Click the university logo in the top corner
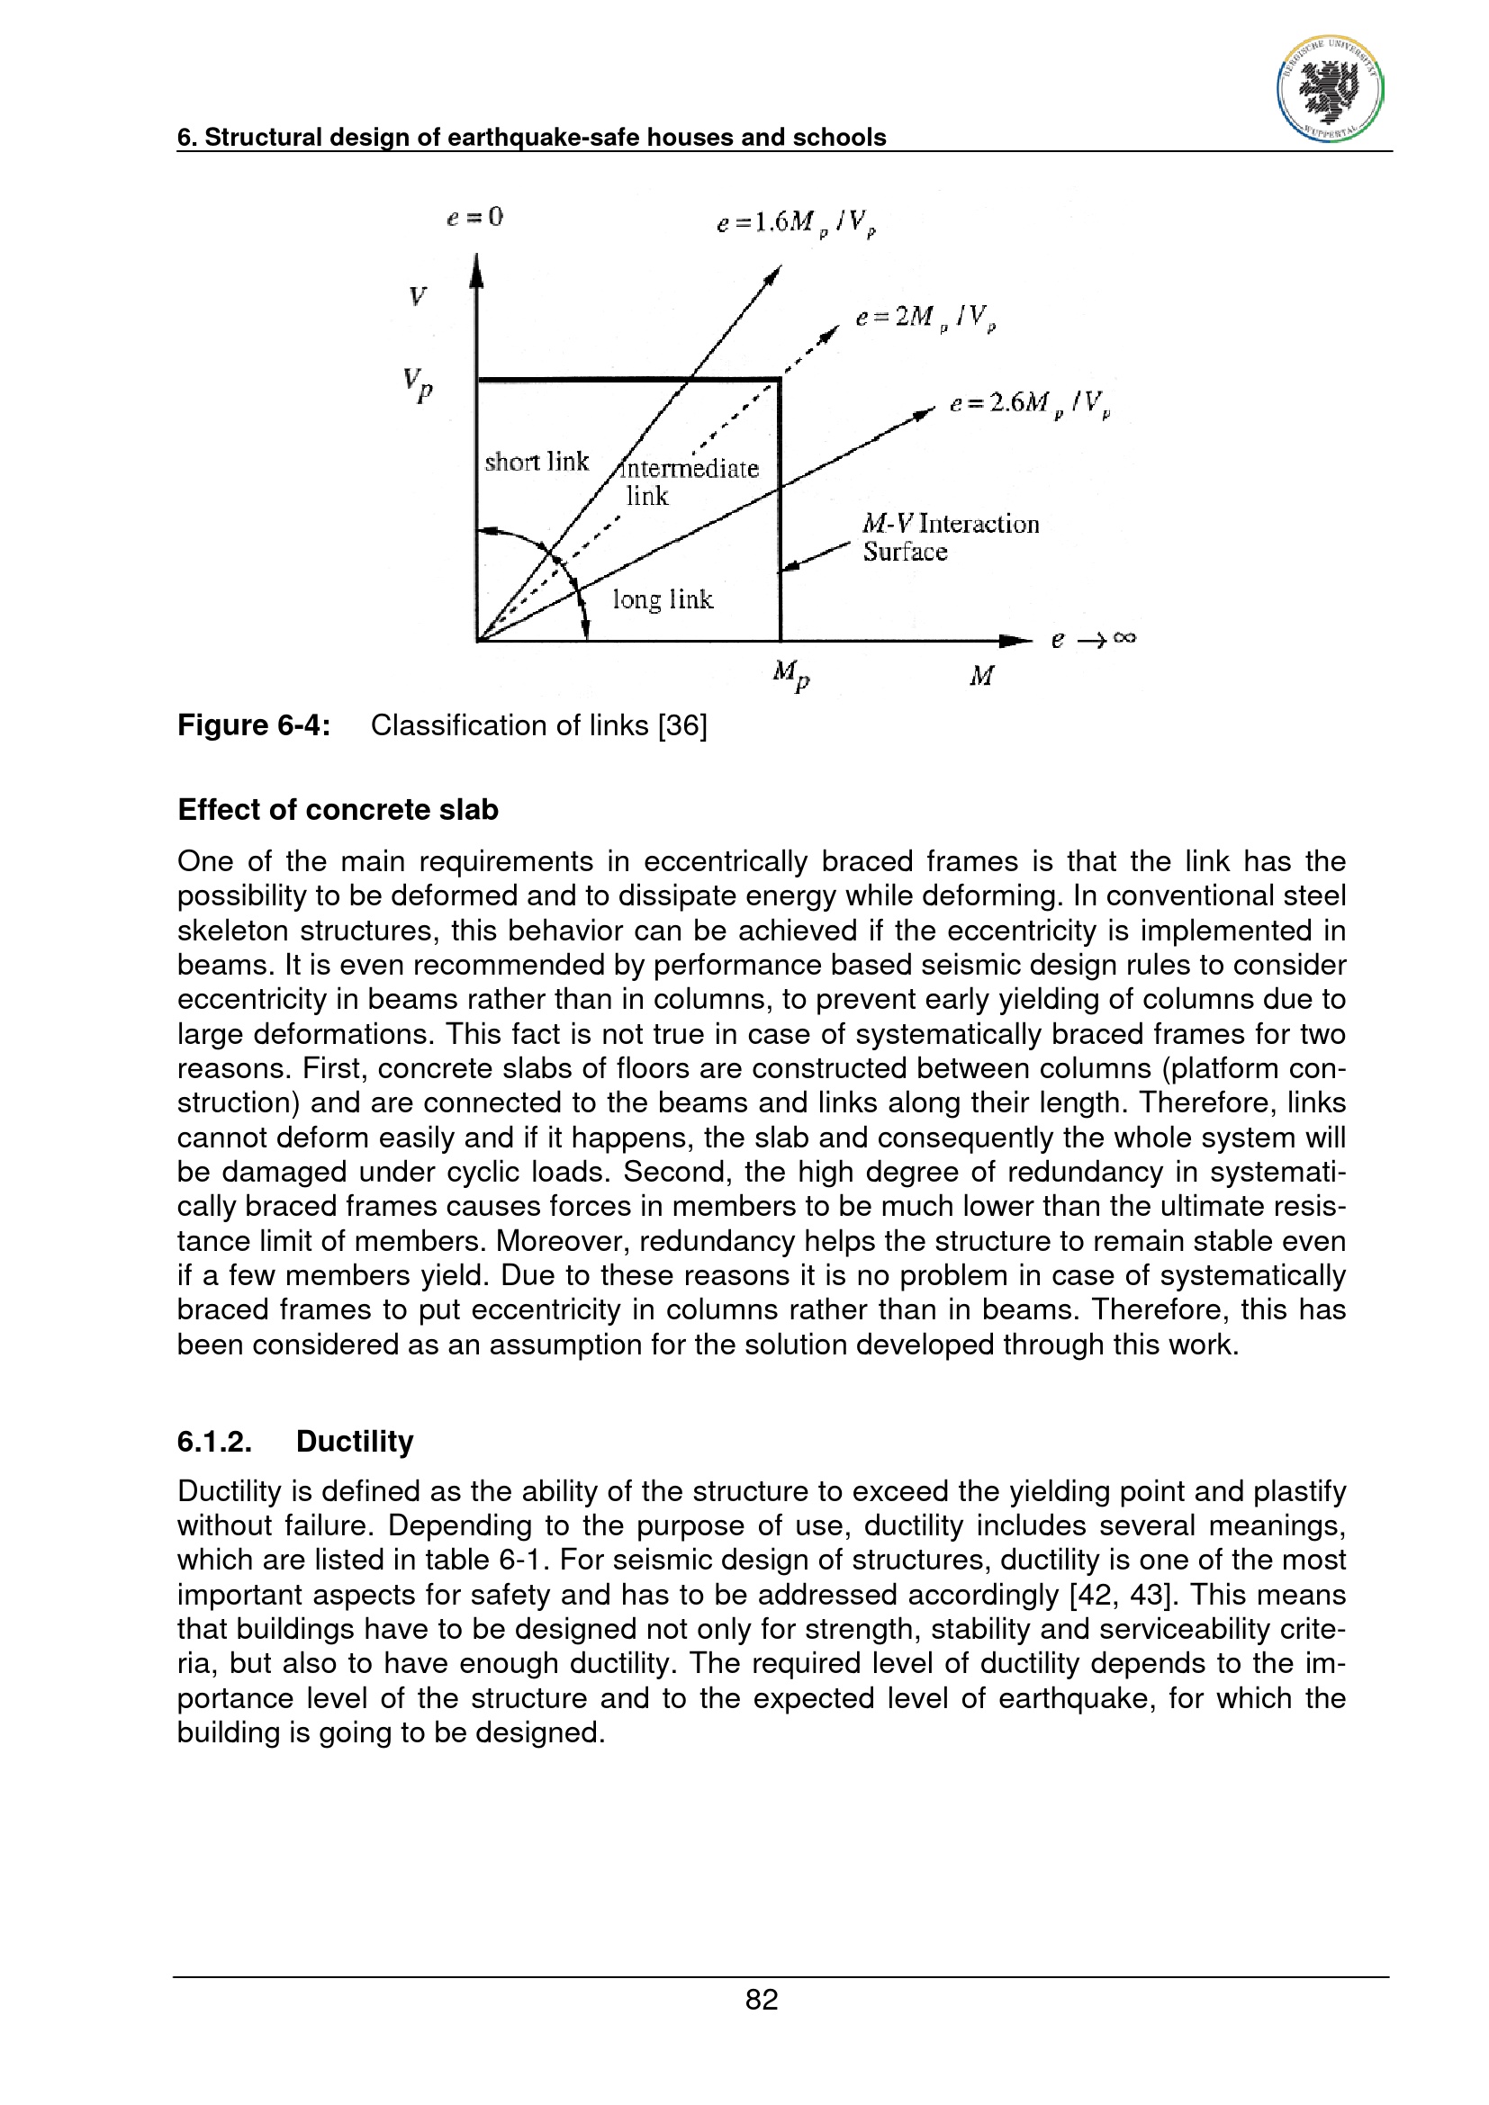coord(1330,90)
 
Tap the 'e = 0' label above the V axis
coord(475,217)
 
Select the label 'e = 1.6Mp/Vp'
coord(796,223)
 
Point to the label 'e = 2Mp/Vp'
coord(925,317)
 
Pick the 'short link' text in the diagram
coord(537,461)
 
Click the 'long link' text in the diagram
coord(662,599)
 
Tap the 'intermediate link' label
coord(688,482)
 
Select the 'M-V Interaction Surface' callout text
coord(950,537)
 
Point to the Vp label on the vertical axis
coord(417,384)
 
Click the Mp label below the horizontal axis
coord(791,676)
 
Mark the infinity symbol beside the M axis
coord(1125,638)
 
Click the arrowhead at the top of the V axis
coord(476,270)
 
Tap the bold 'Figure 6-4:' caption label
coord(254,725)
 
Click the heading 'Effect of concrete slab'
coord(338,810)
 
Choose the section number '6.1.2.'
coord(214,1441)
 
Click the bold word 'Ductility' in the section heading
coord(355,1441)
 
